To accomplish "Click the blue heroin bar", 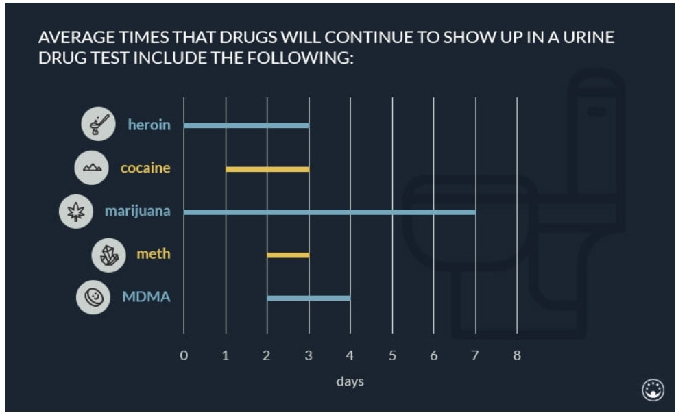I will pyautogui.click(x=246, y=125).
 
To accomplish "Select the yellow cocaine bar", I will pyautogui.click(x=267, y=168).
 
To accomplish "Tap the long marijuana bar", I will pyautogui.click(x=329, y=212).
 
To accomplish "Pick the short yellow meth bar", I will pyautogui.click(x=288, y=255).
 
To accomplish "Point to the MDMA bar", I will pyautogui.click(x=309, y=298).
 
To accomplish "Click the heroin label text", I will pyautogui.click(x=149, y=125).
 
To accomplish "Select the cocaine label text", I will pyautogui.click(x=145, y=168).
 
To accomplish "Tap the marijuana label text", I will pyautogui.click(x=137, y=211).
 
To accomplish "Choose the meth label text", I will pyautogui.click(x=154, y=254).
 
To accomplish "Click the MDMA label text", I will pyautogui.click(x=146, y=297).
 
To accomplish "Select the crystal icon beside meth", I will pyautogui.click(x=109, y=255).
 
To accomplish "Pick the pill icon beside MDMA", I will pyautogui.click(x=93, y=297).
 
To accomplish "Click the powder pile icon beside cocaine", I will pyautogui.click(x=91, y=168).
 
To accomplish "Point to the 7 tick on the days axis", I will pyautogui.click(x=475, y=355).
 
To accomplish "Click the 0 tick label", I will pyautogui.click(x=183, y=355).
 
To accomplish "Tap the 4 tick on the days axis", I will pyautogui.click(x=350, y=355).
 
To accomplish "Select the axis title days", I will pyautogui.click(x=350, y=381).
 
